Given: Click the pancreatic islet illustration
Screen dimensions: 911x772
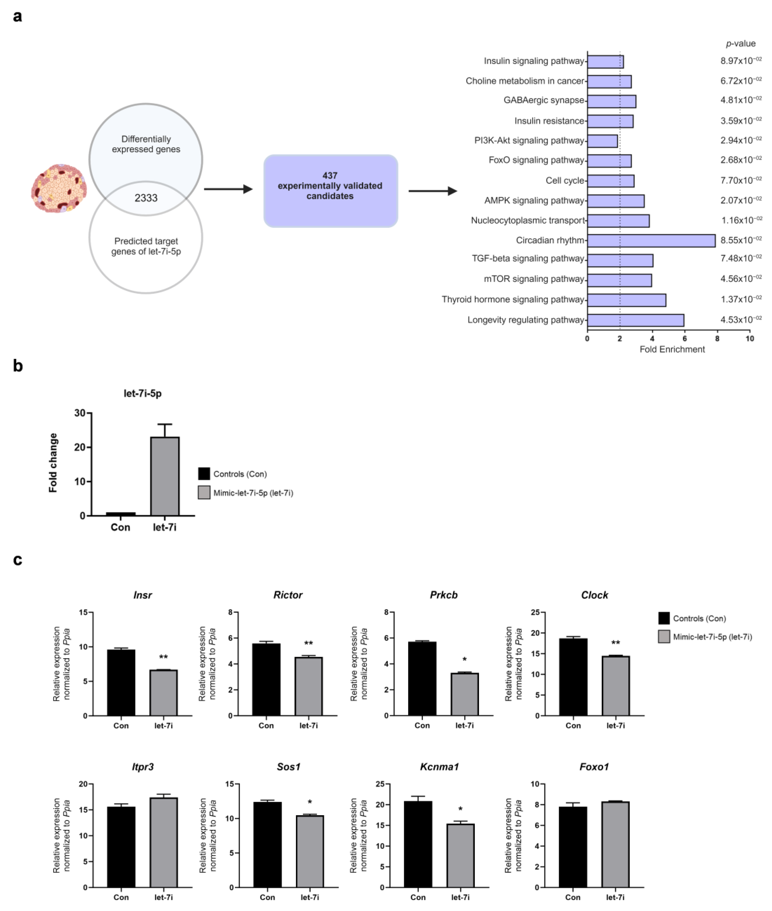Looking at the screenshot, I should [59, 188].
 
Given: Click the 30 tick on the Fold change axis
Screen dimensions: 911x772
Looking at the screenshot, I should [80, 413].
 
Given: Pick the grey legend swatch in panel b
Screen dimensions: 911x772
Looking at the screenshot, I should [204, 493].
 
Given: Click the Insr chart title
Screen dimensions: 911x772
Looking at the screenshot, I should [143, 595].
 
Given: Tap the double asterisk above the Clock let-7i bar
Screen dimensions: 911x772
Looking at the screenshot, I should [615, 643].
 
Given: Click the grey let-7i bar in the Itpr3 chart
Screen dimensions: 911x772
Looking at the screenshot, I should [164, 842].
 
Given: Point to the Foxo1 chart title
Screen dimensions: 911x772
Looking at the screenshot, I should [594, 767].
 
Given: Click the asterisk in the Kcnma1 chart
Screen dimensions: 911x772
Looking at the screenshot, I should [460, 809].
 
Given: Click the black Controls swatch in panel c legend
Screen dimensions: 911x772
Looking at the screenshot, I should [663, 618].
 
